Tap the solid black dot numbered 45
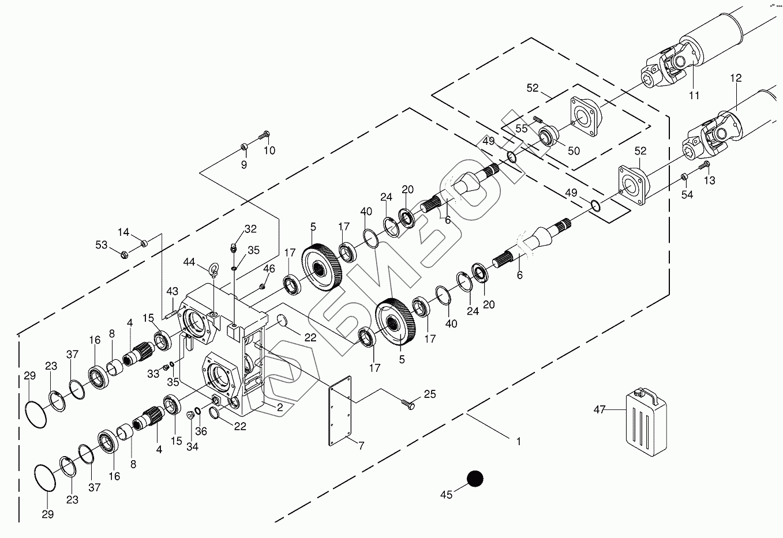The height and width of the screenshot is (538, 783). [x=474, y=479]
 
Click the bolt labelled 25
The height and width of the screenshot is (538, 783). [x=408, y=404]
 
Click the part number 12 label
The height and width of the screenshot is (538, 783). [x=735, y=78]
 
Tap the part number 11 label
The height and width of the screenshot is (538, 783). [x=694, y=95]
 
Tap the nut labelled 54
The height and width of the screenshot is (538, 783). [x=683, y=176]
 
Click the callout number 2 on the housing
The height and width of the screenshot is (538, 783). [x=279, y=407]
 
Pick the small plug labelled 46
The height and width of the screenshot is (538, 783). [x=262, y=286]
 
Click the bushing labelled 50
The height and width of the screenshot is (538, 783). [x=546, y=137]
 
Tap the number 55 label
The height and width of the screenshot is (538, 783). [x=522, y=129]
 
